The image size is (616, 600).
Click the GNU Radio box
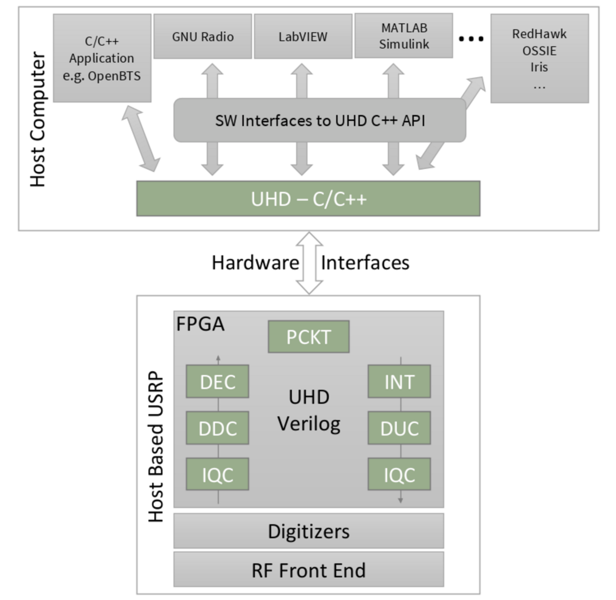coord(202,36)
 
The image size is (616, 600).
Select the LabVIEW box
coord(303,36)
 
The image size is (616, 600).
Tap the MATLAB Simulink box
coord(403,36)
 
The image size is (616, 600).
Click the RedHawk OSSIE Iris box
coord(539,58)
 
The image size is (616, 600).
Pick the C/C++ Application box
coord(102,58)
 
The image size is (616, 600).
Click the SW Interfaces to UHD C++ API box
coord(320,120)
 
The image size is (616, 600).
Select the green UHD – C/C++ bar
coord(308,199)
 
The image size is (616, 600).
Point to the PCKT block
coord(308,337)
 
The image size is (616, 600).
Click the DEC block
coord(217,382)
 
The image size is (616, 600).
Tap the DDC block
coord(217,428)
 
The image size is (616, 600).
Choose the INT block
coord(399,382)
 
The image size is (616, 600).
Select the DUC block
coord(399,428)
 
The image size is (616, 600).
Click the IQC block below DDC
coord(217,474)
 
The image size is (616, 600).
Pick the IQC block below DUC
coord(399,474)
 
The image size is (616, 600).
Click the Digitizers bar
coord(308,531)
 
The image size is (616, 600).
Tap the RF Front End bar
coord(308,570)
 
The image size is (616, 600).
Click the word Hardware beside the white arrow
coord(255,263)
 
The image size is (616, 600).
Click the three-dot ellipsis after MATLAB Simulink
coord(471,39)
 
